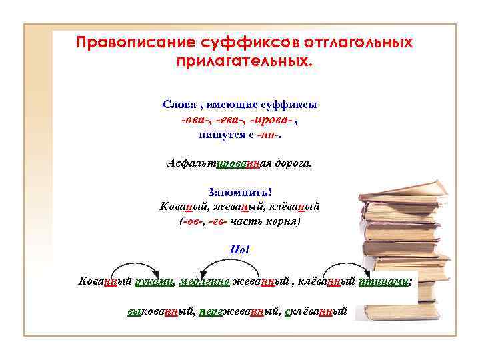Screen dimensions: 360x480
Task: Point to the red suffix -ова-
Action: (x=195, y=120)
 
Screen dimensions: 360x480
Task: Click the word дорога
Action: (x=291, y=163)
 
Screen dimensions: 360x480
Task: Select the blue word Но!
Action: (x=239, y=250)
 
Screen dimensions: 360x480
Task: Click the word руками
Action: (x=154, y=281)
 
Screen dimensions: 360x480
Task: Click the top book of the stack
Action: (x=401, y=191)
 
